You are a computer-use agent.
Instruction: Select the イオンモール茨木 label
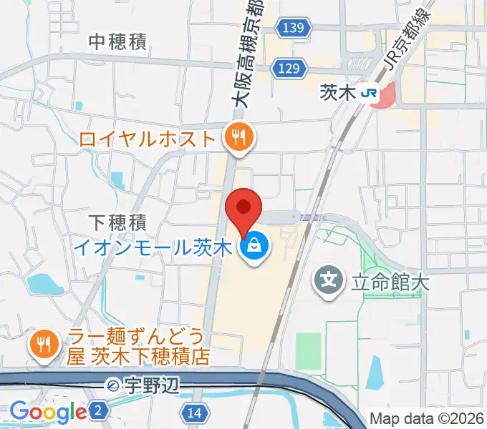[155, 248]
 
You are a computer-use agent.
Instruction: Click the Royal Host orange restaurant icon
[237, 136]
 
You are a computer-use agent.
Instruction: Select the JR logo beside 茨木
[370, 93]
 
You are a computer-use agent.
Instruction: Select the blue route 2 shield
[100, 410]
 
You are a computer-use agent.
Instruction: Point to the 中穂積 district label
[117, 42]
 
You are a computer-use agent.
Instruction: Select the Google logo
[48, 412]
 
